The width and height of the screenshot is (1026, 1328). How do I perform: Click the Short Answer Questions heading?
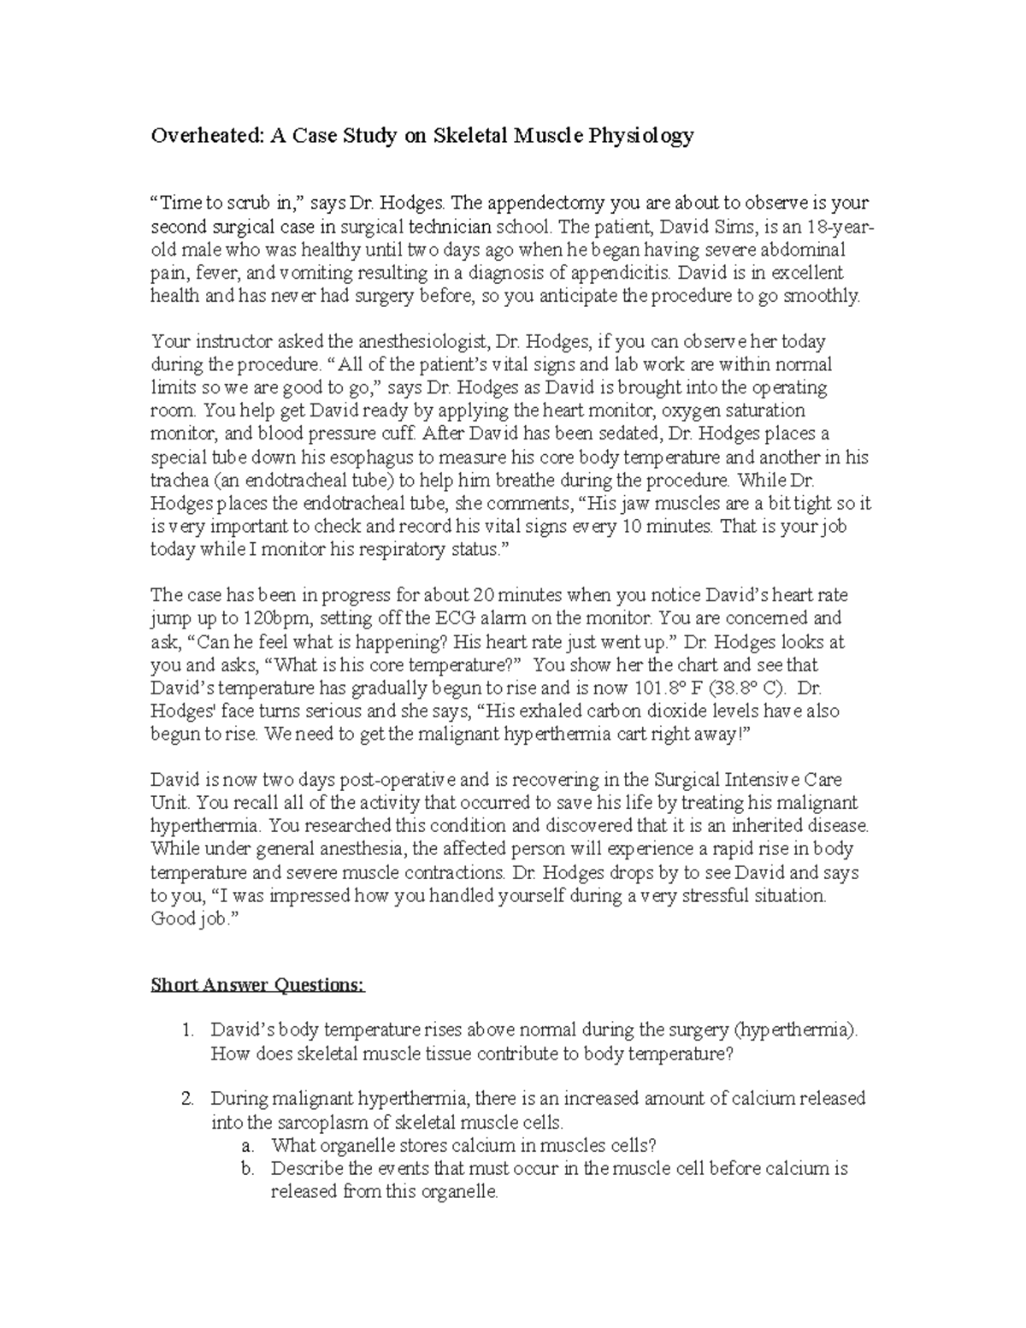point(257,986)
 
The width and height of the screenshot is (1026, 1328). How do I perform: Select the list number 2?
point(188,1099)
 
